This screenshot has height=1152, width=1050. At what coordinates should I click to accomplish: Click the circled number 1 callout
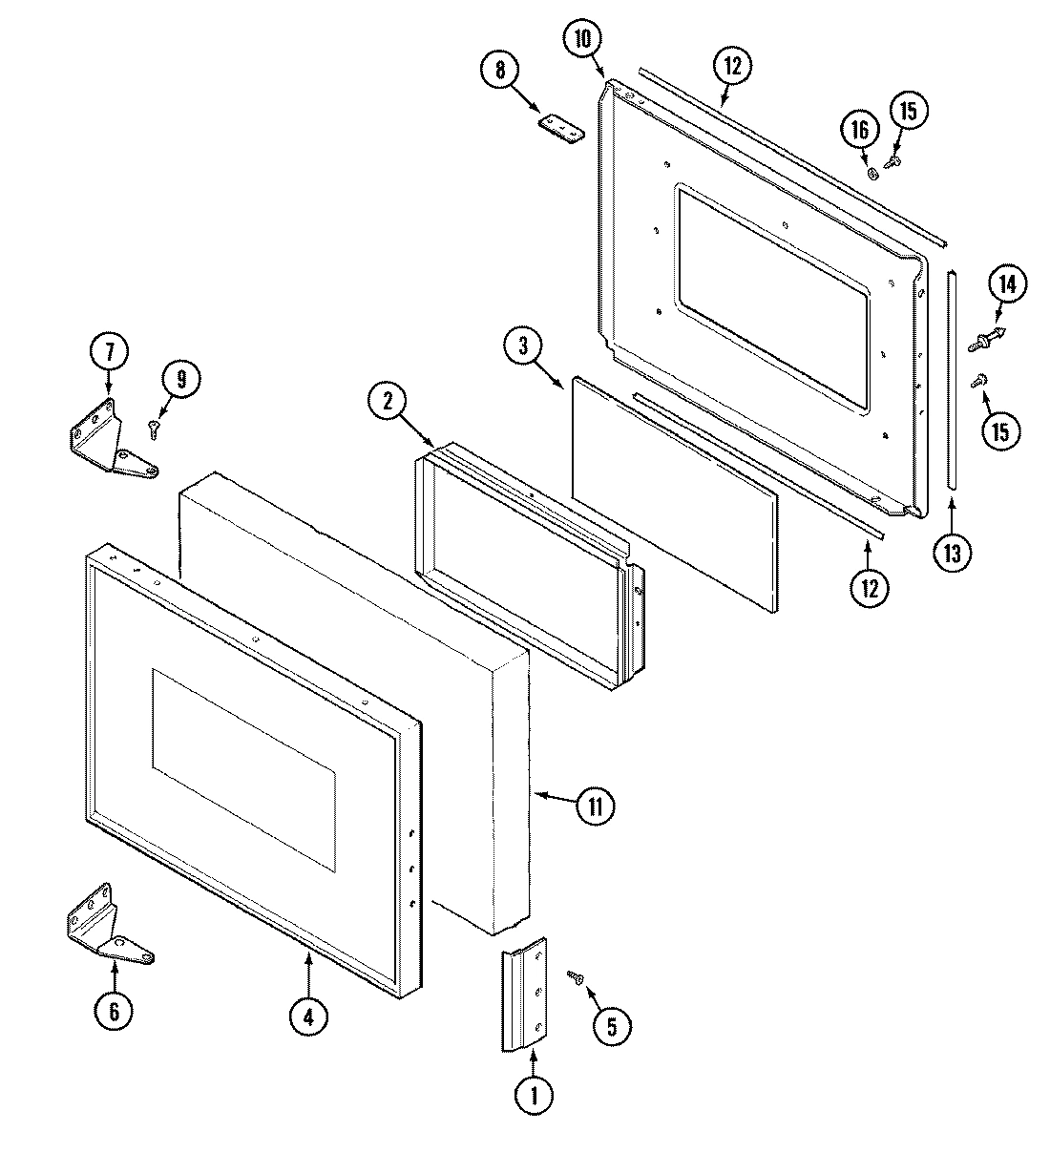(534, 1097)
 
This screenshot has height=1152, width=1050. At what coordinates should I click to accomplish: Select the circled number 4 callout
(308, 1017)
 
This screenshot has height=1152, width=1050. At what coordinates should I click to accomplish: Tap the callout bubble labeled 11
(595, 806)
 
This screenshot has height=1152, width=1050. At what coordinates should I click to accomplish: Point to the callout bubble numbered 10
(582, 39)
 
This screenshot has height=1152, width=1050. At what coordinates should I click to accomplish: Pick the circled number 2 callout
(388, 402)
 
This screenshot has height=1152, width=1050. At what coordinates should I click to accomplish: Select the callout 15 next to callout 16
(907, 112)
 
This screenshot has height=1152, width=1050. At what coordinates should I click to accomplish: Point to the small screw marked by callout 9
(153, 429)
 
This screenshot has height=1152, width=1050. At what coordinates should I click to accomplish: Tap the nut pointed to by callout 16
(872, 173)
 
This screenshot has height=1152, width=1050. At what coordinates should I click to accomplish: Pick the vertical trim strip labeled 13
(951, 382)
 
